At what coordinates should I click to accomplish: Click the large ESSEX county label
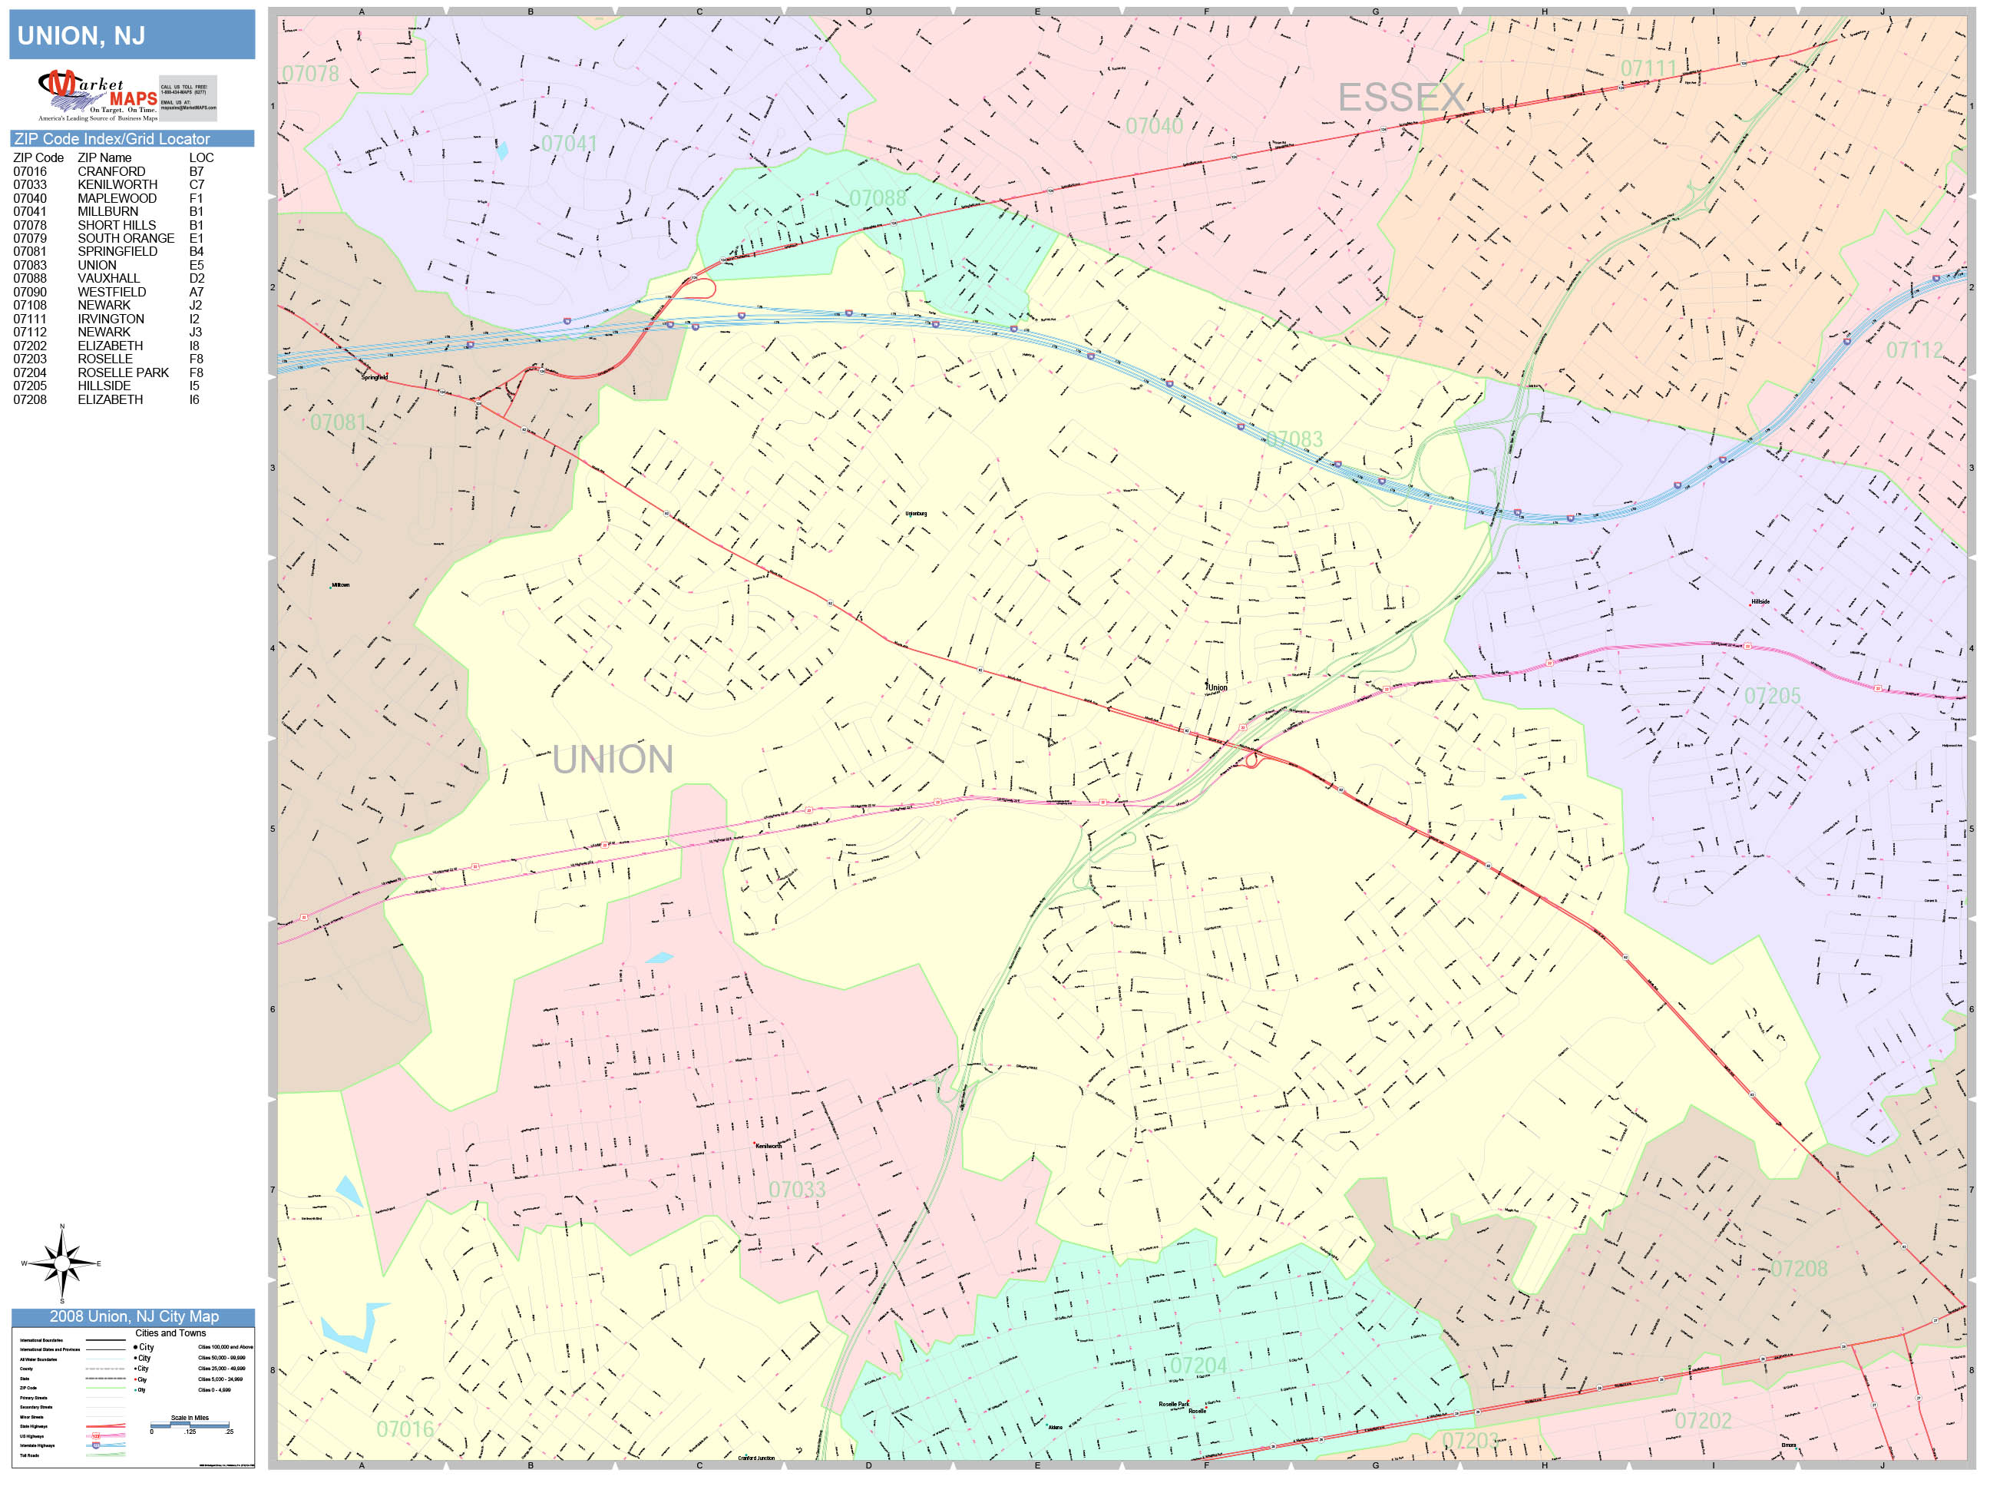pyautogui.click(x=1400, y=98)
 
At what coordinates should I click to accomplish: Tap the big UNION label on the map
pyautogui.click(x=613, y=760)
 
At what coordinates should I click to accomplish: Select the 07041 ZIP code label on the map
pyautogui.click(x=569, y=144)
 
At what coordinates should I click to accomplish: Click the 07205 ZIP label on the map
pyautogui.click(x=1771, y=696)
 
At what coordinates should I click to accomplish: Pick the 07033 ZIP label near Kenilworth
pyautogui.click(x=796, y=1190)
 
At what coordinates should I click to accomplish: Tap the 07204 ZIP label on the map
pyautogui.click(x=1198, y=1366)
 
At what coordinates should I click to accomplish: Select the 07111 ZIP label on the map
pyautogui.click(x=1648, y=68)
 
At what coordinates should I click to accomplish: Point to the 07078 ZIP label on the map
pyautogui.click(x=310, y=74)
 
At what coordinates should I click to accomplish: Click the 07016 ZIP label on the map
pyautogui.click(x=405, y=1429)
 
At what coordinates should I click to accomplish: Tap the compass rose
pyautogui.click(x=61, y=1263)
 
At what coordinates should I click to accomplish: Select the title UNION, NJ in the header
pyautogui.click(x=81, y=36)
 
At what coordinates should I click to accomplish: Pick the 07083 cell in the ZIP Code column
pyautogui.click(x=30, y=266)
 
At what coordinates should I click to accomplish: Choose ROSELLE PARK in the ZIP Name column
pyautogui.click(x=124, y=372)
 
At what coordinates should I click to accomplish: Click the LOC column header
pyautogui.click(x=201, y=157)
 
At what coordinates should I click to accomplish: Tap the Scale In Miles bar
pyautogui.click(x=190, y=1425)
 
